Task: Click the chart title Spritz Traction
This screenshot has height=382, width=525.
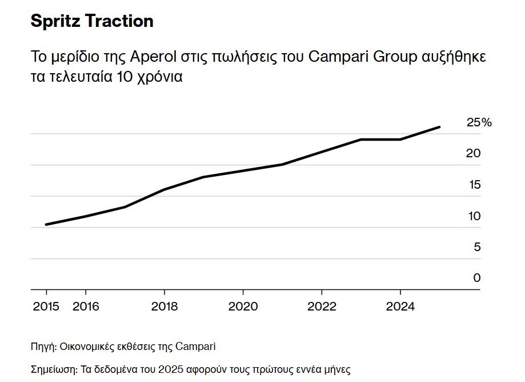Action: tap(91, 22)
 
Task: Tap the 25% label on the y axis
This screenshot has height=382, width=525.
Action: tap(479, 122)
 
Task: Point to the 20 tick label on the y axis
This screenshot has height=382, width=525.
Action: tap(473, 153)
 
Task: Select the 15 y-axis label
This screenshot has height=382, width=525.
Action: tap(473, 185)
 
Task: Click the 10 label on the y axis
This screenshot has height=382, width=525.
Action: tap(473, 216)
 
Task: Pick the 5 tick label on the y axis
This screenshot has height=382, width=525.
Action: tap(476, 247)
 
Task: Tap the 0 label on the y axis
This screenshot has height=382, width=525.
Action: tap(476, 278)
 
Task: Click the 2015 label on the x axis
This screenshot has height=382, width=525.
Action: tap(46, 307)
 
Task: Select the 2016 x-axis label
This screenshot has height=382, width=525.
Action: tap(86, 307)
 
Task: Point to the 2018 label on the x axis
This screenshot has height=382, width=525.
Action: tap(165, 307)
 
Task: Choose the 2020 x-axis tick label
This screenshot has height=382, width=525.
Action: tap(243, 307)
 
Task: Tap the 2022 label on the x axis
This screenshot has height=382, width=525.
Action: tap(322, 307)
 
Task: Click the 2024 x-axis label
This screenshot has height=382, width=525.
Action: tap(400, 307)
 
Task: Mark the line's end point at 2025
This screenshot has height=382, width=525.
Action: tap(439, 127)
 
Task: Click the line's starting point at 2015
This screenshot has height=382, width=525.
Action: tap(46, 225)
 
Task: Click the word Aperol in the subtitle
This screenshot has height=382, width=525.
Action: tap(151, 57)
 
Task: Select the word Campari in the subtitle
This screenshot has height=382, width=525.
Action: tap(332, 57)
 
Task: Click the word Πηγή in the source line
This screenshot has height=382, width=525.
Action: tap(43, 347)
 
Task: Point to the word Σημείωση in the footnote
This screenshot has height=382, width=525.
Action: tap(53, 369)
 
